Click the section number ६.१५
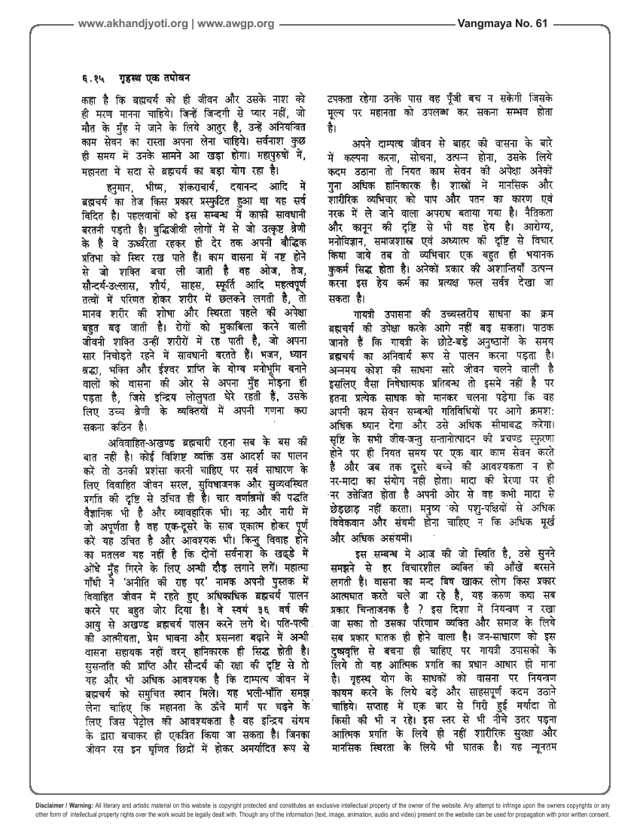point(90,78)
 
